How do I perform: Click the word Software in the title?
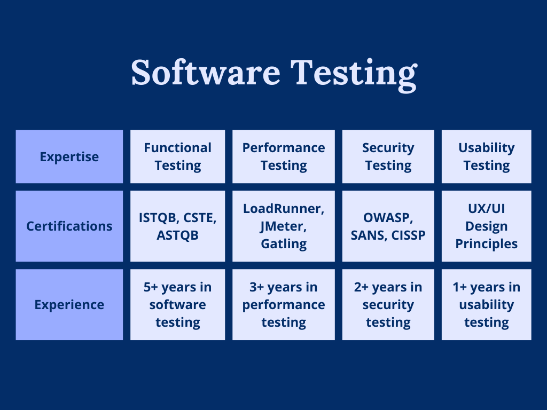tap(206, 72)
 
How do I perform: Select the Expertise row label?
tap(69, 156)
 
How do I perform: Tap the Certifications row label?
tap(69, 226)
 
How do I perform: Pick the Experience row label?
tap(69, 304)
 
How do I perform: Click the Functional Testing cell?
tap(177, 156)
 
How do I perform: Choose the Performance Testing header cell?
tap(284, 156)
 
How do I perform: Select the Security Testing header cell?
tap(388, 156)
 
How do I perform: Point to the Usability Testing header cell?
tap(486, 156)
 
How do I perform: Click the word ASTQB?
tap(177, 235)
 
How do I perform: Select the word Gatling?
tap(284, 243)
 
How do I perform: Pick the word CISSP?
tap(408, 235)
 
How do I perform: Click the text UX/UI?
tap(486, 209)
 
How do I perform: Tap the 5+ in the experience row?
tap(151, 287)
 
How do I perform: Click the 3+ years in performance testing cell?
tap(284, 304)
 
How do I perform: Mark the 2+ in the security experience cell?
tap(361, 287)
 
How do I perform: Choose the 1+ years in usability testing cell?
tap(486, 304)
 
